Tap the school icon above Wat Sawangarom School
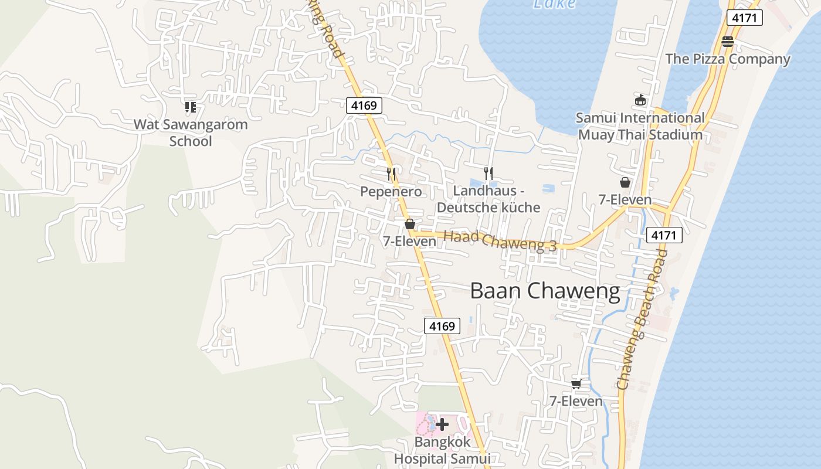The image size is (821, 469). click(x=190, y=107)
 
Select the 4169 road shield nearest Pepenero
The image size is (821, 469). click(x=364, y=106)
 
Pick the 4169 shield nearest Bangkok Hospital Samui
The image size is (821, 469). click(x=442, y=326)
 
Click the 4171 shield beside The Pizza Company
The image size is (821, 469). click(x=744, y=18)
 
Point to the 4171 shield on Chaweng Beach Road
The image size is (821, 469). click(x=664, y=236)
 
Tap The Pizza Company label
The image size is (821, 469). click(x=727, y=59)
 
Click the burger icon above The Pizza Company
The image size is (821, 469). click(x=727, y=41)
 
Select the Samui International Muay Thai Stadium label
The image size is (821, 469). click(x=640, y=126)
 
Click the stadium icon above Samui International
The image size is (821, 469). click(x=640, y=100)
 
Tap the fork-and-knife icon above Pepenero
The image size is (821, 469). click(x=392, y=174)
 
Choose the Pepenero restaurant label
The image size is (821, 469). click(x=391, y=192)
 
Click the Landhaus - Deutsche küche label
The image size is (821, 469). click(x=488, y=199)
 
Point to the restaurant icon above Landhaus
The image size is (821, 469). click(x=488, y=173)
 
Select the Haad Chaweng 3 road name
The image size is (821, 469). click(x=500, y=241)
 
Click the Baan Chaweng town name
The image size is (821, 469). click(x=545, y=291)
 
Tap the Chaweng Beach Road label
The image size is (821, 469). click(x=642, y=320)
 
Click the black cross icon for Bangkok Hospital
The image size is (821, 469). click(x=442, y=424)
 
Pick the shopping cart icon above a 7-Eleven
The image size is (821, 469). click(x=576, y=384)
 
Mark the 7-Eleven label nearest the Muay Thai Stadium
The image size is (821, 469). click(x=625, y=199)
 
